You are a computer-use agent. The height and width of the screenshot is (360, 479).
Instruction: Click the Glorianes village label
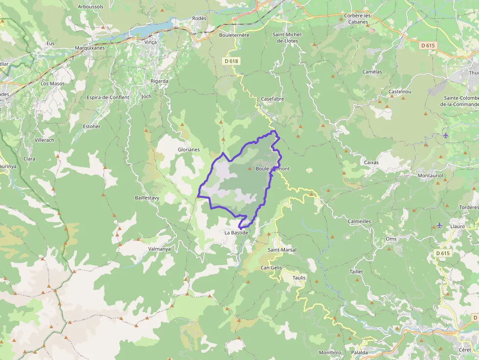(189, 150)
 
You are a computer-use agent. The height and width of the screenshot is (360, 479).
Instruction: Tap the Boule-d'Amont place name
(273, 169)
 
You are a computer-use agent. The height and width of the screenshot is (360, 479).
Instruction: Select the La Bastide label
(237, 233)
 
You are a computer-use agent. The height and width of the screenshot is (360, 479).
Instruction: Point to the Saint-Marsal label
(282, 250)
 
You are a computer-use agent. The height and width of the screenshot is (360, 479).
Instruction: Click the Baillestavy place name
(147, 198)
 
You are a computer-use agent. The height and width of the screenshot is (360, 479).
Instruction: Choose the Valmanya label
(159, 249)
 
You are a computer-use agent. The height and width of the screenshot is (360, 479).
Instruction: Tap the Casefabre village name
(272, 99)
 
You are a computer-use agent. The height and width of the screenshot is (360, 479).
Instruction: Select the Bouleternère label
(234, 35)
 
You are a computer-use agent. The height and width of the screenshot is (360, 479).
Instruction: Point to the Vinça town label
(151, 42)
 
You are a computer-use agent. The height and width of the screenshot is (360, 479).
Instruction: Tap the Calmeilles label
(359, 221)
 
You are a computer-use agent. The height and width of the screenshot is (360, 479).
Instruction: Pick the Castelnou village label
(400, 92)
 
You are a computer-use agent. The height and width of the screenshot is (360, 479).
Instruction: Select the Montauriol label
(430, 175)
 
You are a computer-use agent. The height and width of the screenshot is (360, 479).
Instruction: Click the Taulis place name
(299, 277)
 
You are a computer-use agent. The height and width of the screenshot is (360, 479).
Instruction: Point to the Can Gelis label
(271, 268)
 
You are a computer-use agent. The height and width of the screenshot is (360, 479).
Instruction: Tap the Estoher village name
(92, 127)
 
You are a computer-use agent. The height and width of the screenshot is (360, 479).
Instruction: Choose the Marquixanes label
(89, 48)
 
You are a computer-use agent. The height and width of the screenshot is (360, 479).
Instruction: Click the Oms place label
(391, 239)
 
